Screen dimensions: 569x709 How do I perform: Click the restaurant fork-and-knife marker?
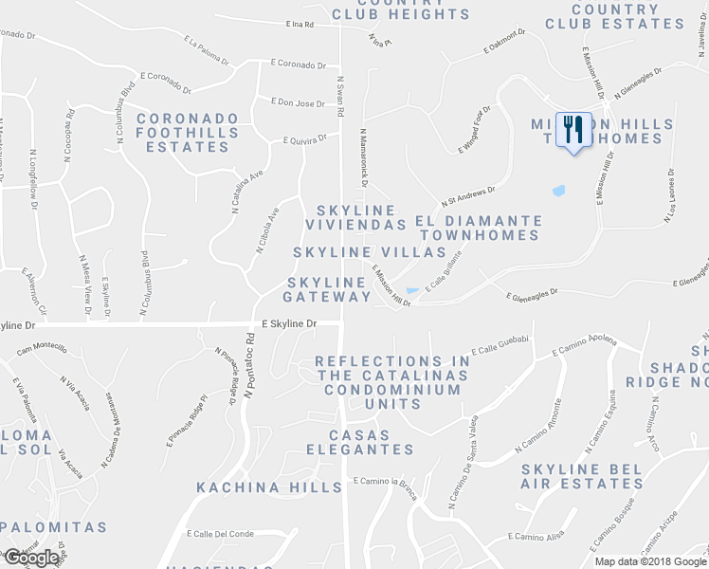click(x=572, y=128)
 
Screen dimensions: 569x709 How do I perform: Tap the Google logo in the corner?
click(x=30, y=558)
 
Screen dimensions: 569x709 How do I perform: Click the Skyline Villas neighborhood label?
click(x=369, y=252)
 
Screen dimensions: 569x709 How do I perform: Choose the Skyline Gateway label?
click(x=327, y=289)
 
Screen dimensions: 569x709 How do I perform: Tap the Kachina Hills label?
click(x=268, y=487)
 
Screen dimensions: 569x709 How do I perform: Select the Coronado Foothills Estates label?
click(x=182, y=133)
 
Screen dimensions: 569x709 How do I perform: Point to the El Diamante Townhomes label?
click(x=480, y=228)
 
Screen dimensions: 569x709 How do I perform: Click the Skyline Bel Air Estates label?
click(x=582, y=476)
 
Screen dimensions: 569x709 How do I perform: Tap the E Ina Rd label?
click(x=300, y=26)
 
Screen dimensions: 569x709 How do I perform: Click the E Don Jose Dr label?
click(x=298, y=102)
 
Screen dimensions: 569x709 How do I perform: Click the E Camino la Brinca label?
click(x=384, y=481)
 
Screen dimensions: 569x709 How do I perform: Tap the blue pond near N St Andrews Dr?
click(x=558, y=191)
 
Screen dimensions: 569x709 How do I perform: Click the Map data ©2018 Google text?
click(x=650, y=561)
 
